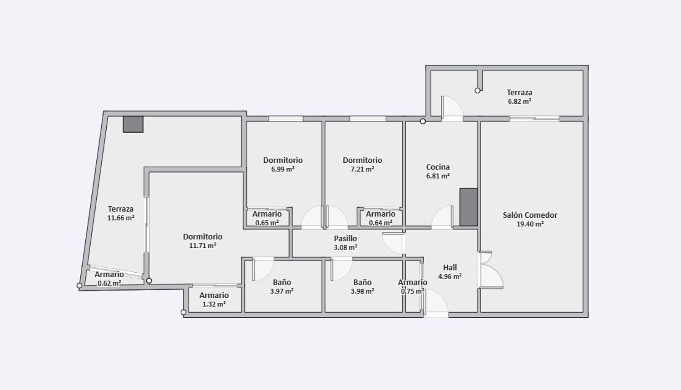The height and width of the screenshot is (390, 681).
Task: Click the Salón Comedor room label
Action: pyautogui.click(x=530, y=215)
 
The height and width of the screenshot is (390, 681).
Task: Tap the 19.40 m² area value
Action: pyautogui.click(x=530, y=224)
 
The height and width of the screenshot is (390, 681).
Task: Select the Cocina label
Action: pyautogui.click(x=438, y=167)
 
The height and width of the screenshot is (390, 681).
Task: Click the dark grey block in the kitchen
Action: pyautogui.click(x=469, y=207)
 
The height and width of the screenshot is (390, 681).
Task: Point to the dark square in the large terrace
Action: pyautogui.click(x=133, y=124)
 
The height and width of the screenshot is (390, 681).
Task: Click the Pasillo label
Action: pyautogui.click(x=345, y=238)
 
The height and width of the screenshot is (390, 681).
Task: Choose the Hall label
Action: pyautogui.click(x=450, y=267)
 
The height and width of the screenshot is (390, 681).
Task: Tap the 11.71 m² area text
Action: pyautogui.click(x=203, y=245)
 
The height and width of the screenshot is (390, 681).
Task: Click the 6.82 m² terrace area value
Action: pyautogui.click(x=519, y=101)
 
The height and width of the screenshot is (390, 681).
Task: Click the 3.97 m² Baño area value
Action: pyautogui.click(x=282, y=291)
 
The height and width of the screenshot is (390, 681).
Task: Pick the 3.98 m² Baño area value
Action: pyautogui.click(x=362, y=291)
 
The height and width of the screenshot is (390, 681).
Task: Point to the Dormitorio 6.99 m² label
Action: pyautogui.click(x=283, y=165)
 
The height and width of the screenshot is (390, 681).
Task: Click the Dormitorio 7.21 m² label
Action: pyautogui.click(x=362, y=165)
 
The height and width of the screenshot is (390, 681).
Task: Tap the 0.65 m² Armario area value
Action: pyautogui.click(x=267, y=223)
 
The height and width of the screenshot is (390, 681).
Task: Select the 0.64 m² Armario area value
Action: pyautogui.click(x=380, y=223)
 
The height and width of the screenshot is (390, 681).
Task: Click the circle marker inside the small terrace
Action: pyautogui.click(x=478, y=90)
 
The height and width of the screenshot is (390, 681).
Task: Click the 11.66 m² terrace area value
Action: pyautogui.click(x=121, y=218)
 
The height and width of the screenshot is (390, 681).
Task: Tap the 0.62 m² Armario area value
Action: pyautogui.click(x=109, y=283)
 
